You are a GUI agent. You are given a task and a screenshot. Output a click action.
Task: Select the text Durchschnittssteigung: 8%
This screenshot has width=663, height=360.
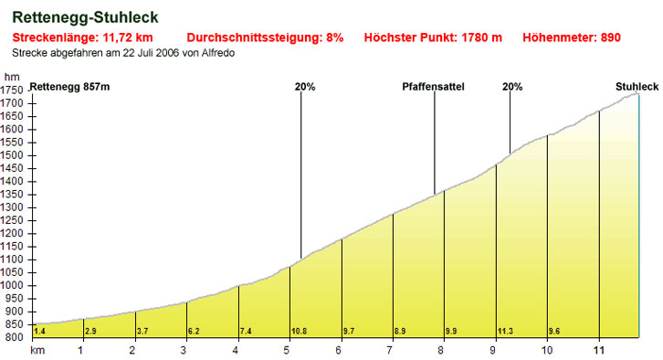[265, 39]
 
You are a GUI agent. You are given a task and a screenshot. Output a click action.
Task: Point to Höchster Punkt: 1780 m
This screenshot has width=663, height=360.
[433, 39]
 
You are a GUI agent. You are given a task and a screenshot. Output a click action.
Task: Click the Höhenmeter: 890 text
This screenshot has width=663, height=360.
[572, 39]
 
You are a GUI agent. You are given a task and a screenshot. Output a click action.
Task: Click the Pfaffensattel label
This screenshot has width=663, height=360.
[434, 87]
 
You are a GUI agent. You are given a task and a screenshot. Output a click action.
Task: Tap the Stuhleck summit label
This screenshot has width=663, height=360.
[637, 87]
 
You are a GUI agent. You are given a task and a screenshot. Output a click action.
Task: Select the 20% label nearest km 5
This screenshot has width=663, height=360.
[305, 87]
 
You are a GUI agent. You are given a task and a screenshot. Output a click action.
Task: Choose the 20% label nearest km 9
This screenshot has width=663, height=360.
[512, 87]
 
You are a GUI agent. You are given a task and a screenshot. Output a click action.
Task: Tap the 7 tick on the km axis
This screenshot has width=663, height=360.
[391, 350]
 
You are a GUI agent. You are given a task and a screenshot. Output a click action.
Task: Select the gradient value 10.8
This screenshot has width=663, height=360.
[298, 330]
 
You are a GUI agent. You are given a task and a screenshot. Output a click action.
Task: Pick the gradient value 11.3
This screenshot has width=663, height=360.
[504, 330]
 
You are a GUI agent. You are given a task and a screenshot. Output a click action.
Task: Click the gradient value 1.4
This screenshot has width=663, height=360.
[39, 330]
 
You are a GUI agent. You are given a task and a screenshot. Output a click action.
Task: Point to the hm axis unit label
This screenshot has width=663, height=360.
[11, 77]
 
